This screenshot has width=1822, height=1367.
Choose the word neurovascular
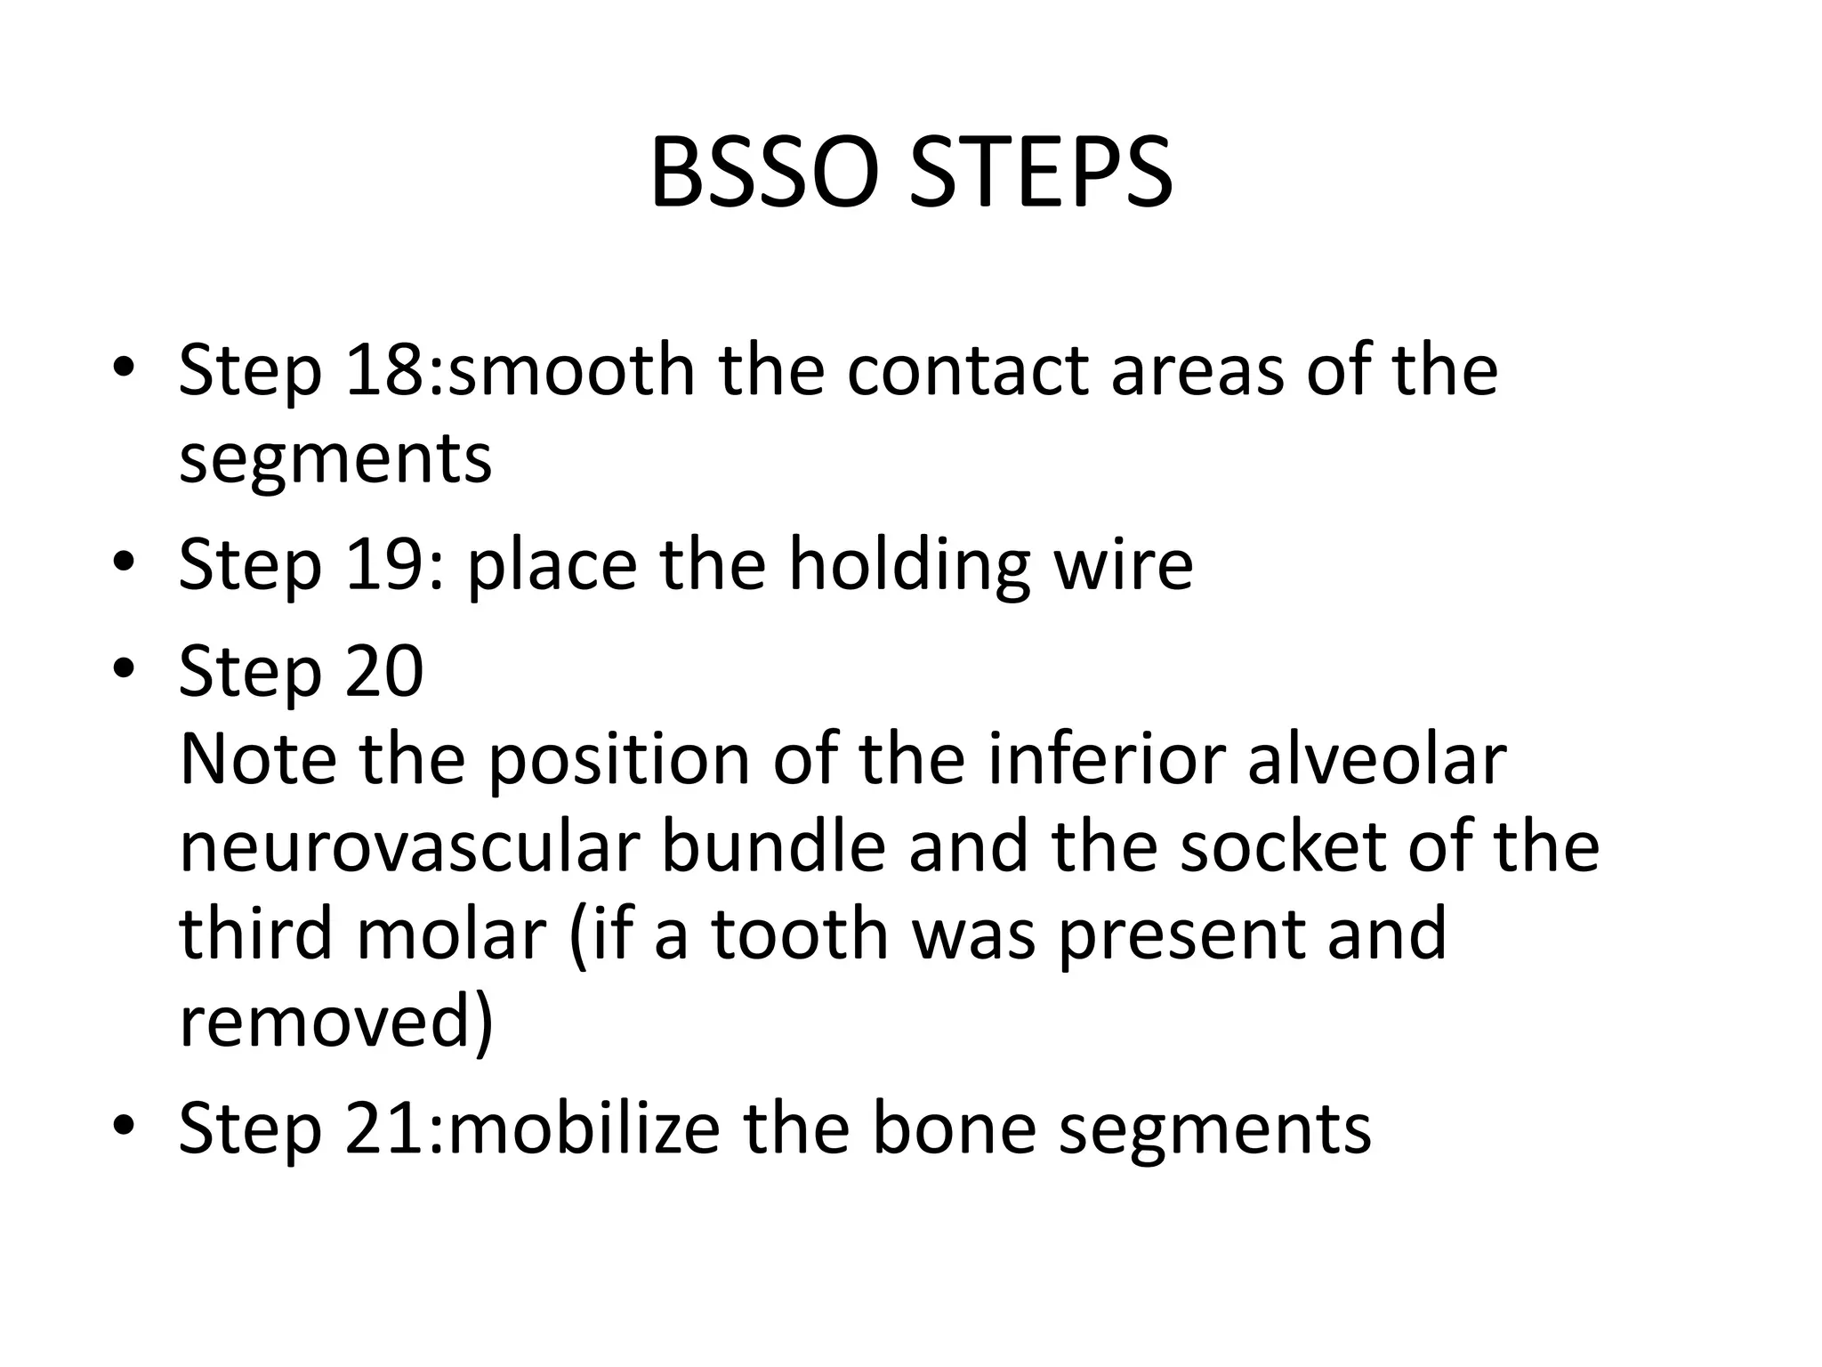[x=409, y=848]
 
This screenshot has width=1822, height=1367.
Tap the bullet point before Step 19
[x=124, y=563]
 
